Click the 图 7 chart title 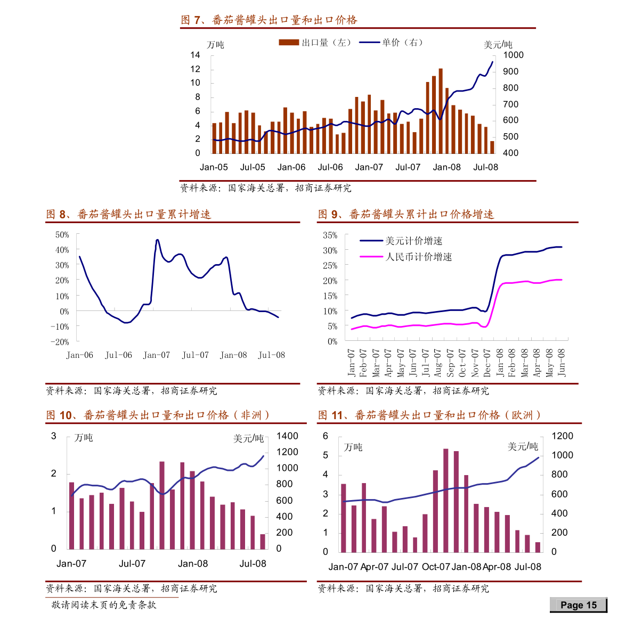[x=269, y=20]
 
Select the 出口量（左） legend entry [x=315, y=43]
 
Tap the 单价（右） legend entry [x=391, y=43]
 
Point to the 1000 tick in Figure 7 [x=513, y=55]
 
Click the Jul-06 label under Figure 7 [x=330, y=167]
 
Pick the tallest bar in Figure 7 [x=441, y=111]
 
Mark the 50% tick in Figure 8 [x=62, y=235]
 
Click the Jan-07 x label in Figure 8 [x=157, y=355]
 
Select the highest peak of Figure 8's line [x=157, y=240]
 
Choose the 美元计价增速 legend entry [x=401, y=241]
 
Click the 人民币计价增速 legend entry [x=406, y=257]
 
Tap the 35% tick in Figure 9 [x=330, y=235]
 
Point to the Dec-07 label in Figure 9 [x=487, y=363]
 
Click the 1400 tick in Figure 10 [x=287, y=436]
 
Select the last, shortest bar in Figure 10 [x=263, y=542]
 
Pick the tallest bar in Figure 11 [x=445, y=501]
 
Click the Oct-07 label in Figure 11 [x=436, y=567]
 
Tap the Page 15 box [x=579, y=605]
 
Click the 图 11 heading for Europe [x=429, y=415]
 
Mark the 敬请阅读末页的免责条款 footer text [x=104, y=605]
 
